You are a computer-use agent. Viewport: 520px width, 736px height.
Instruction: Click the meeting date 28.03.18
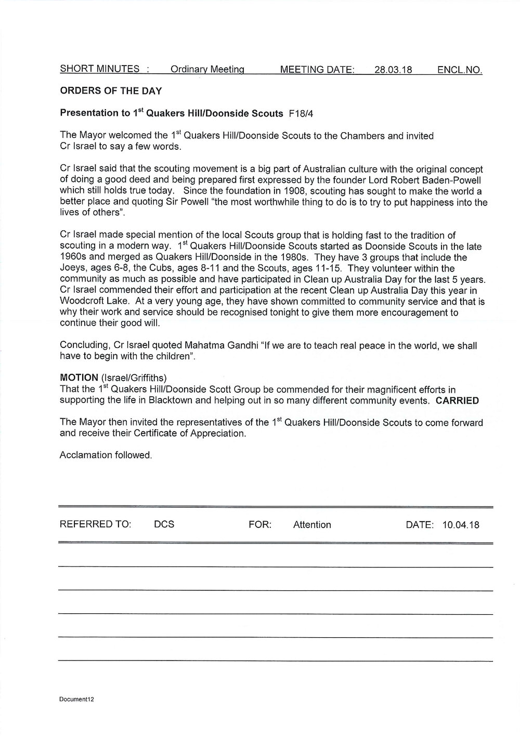point(393,69)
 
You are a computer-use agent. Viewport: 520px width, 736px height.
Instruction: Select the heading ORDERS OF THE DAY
point(111,91)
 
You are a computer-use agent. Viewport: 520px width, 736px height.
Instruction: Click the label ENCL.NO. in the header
point(460,69)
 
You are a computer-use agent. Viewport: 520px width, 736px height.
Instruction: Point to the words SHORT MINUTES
point(100,69)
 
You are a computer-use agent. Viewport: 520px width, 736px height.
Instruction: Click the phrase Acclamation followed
point(106,455)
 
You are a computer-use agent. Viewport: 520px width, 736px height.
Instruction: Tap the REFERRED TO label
point(96,525)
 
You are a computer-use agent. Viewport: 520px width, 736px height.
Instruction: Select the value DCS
point(164,525)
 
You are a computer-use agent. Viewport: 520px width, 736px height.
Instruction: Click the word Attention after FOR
point(312,525)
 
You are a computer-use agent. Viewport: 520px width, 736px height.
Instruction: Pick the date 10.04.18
point(461,525)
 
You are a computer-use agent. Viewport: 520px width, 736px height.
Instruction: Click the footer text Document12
point(76,699)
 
